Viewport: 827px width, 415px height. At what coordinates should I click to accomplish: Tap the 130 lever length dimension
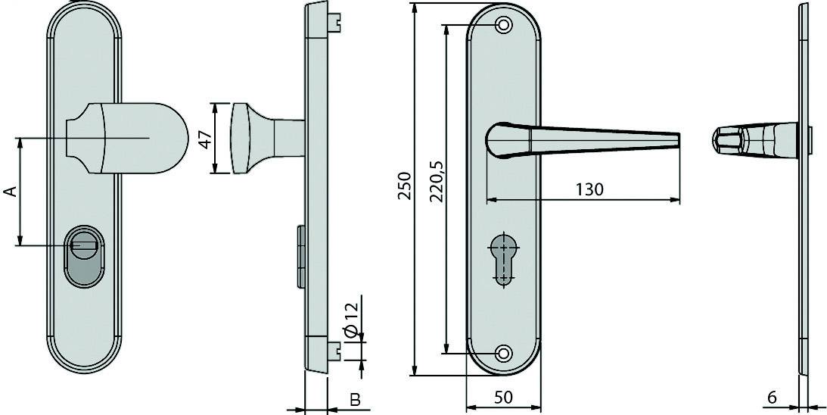point(589,189)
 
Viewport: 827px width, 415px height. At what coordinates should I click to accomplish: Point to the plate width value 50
point(504,398)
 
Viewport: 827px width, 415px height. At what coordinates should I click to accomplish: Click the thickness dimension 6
point(772,397)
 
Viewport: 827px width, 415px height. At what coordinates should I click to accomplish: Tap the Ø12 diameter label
point(349,322)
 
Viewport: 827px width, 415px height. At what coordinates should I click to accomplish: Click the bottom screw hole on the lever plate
point(503,354)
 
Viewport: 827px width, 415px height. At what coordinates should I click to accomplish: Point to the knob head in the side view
point(241,139)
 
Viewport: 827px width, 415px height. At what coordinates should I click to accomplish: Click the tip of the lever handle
point(676,141)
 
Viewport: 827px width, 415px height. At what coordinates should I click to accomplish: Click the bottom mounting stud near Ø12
point(334,349)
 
